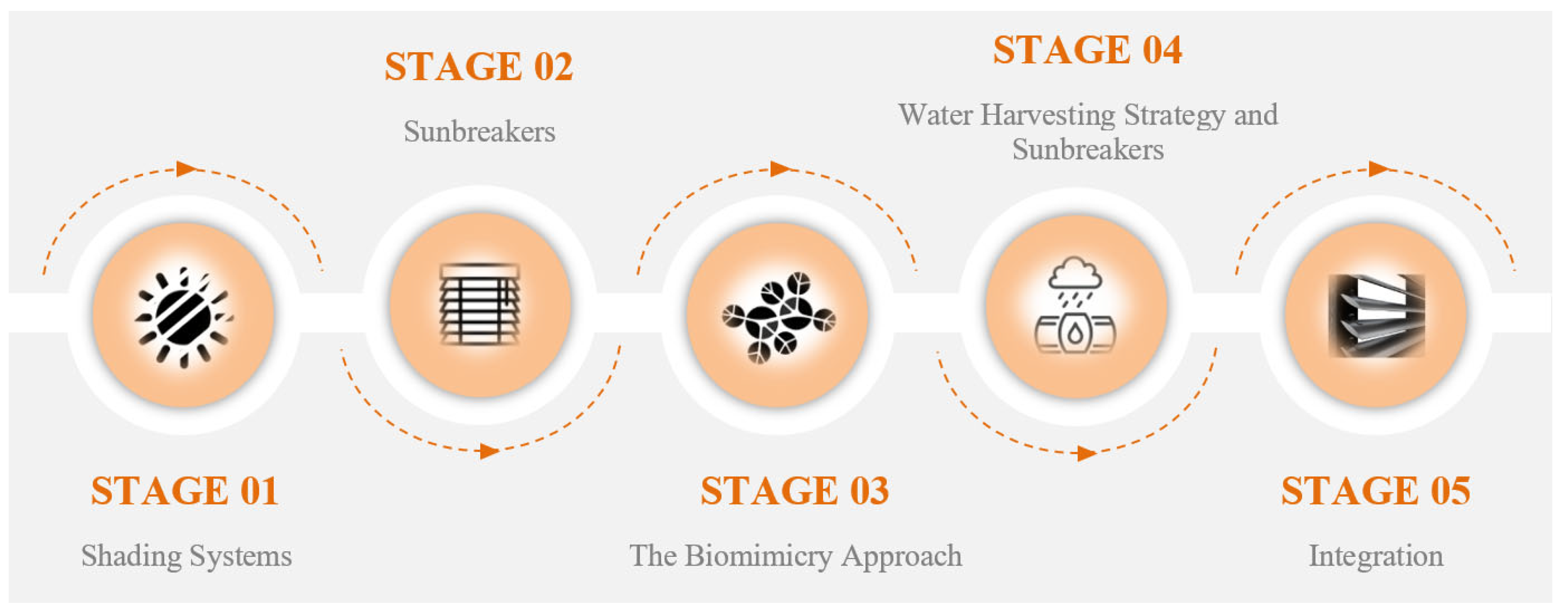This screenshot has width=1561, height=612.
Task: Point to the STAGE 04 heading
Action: coord(1087,50)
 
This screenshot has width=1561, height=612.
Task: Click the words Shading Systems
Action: coord(187,556)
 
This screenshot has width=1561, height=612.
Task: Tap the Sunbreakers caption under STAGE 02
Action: coord(479,131)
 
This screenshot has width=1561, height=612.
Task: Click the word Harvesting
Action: coord(1048,115)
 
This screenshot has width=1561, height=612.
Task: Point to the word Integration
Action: coord(1376,556)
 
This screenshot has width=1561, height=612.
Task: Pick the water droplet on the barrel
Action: coord(1074,333)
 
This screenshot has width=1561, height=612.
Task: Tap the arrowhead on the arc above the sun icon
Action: coord(187,168)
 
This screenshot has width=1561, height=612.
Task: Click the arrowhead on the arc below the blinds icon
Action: coord(489,451)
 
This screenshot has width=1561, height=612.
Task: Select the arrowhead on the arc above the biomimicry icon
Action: coord(780,168)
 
